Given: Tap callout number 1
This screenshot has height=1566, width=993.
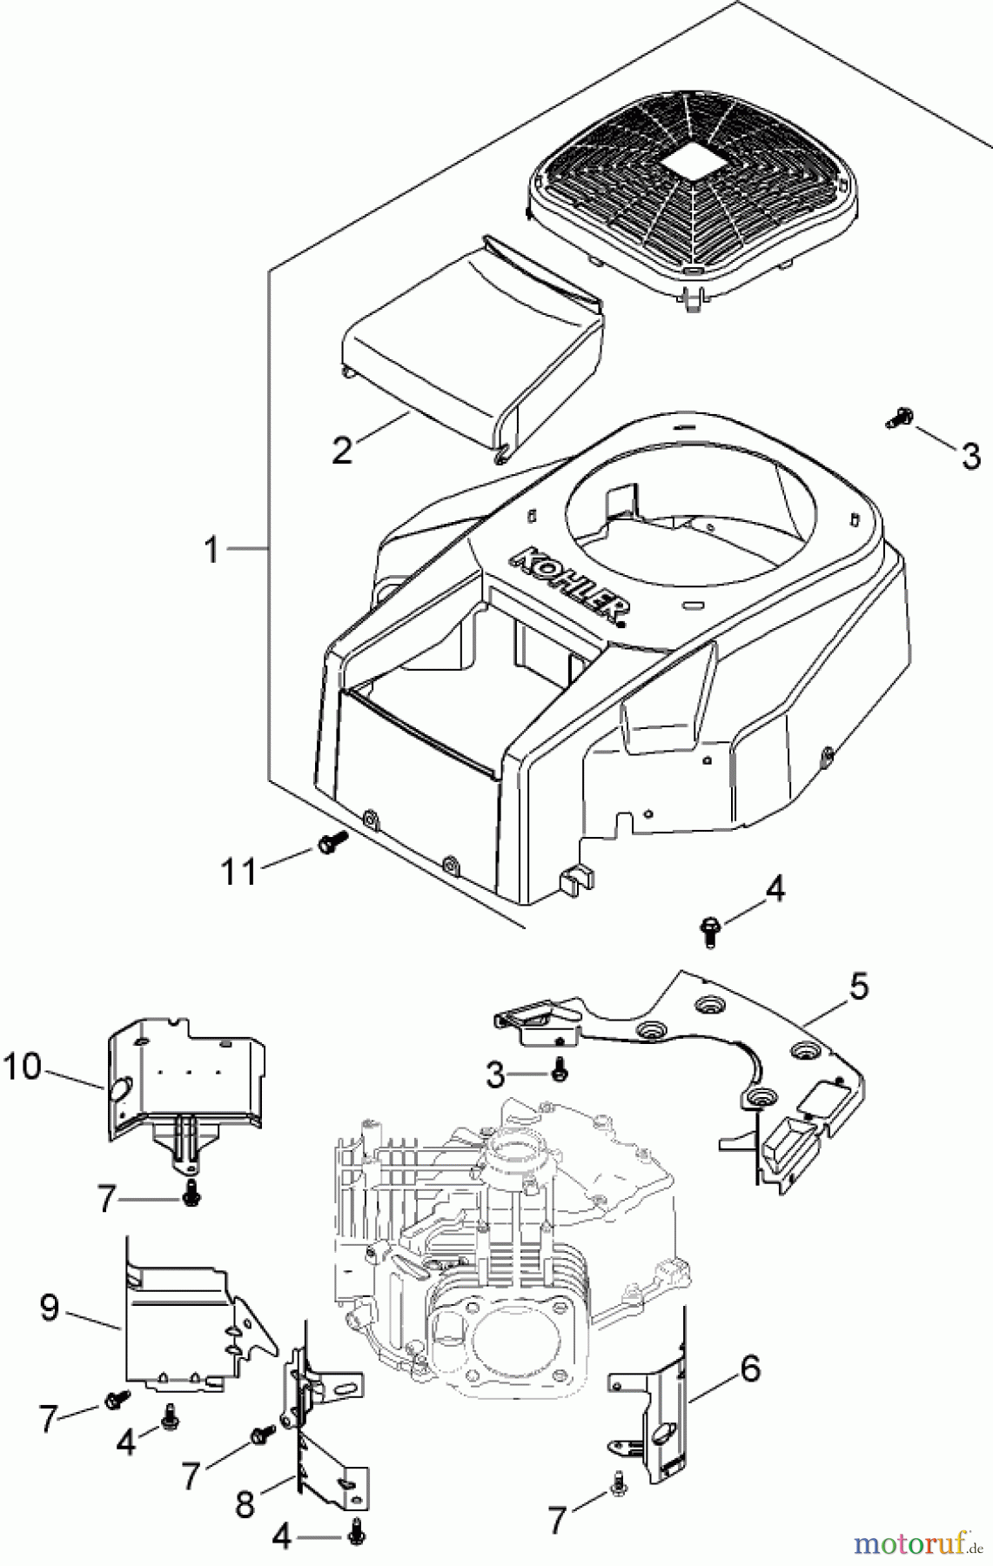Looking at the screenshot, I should pos(211,550).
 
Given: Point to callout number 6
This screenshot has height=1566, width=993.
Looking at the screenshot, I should pos(749,1370).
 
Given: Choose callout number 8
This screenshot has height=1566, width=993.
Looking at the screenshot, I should pos(245,1504).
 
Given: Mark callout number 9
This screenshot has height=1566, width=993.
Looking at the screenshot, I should pos(50,1308).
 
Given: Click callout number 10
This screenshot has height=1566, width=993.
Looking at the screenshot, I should pos(22,1067).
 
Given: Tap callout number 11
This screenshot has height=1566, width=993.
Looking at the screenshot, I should pos(238,870).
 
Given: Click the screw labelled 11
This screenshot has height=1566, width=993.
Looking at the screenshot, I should pos(332,840).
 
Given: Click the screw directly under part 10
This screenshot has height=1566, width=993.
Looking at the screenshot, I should pos(190,1198).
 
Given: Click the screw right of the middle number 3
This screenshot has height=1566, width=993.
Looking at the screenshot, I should pos(560,1074).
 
